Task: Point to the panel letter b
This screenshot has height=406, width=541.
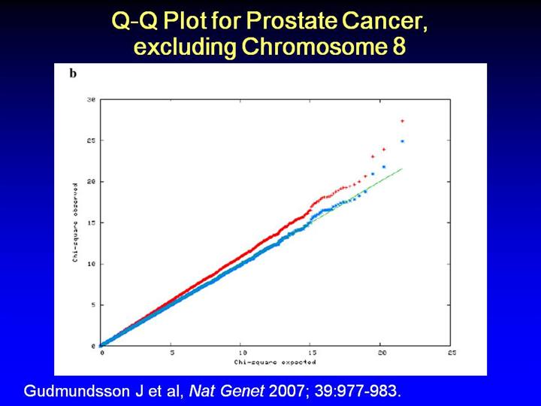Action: tap(73, 74)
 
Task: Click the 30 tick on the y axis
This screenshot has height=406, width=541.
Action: tap(91, 99)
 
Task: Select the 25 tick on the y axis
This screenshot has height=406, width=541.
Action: tap(91, 141)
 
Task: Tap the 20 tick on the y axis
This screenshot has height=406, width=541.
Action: tap(91, 182)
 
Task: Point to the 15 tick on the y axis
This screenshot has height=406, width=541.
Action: tap(91, 223)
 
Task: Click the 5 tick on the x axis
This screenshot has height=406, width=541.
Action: tap(171, 353)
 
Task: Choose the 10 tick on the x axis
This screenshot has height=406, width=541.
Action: tap(241, 353)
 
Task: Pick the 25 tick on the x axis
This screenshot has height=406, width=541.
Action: tap(451, 353)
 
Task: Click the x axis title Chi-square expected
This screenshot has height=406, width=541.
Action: tap(276, 362)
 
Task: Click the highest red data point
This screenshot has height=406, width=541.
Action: tap(403, 120)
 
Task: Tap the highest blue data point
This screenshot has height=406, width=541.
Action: tap(403, 141)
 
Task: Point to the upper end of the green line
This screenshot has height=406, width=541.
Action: tap(403, 168)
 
